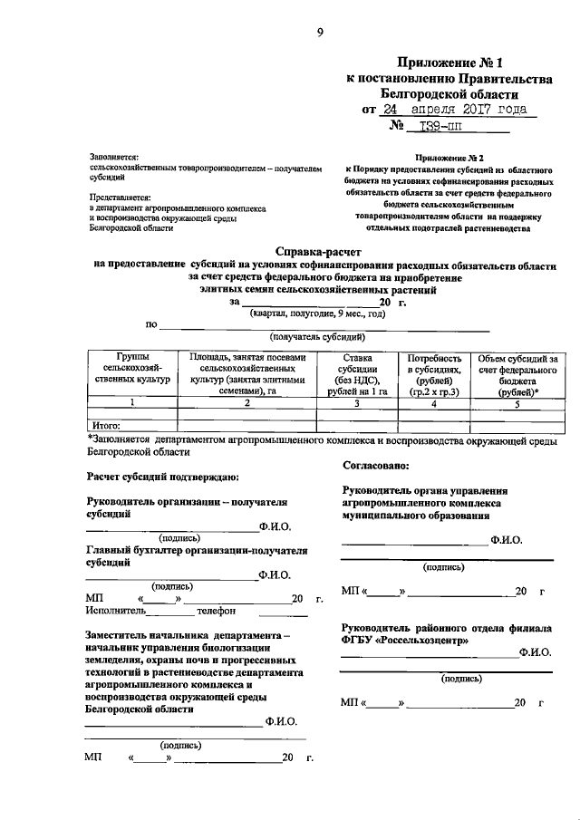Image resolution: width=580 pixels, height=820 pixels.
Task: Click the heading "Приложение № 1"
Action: pos(450,63)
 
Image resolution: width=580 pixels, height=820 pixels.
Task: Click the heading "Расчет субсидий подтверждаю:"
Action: pos(162,475)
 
